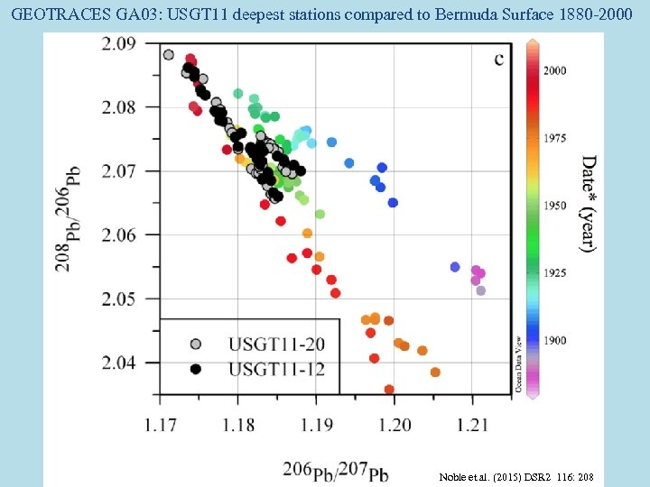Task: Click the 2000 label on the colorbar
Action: [x=554, y=70]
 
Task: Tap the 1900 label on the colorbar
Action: [x=554, y=340]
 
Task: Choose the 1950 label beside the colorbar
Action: [x=554, y=206]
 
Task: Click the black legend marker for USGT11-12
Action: [x=196, y=369]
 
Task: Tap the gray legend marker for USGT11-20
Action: [x=196, y=344]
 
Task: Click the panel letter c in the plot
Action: [x=498, y=60]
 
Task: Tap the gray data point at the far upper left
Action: [x=168, y=54]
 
